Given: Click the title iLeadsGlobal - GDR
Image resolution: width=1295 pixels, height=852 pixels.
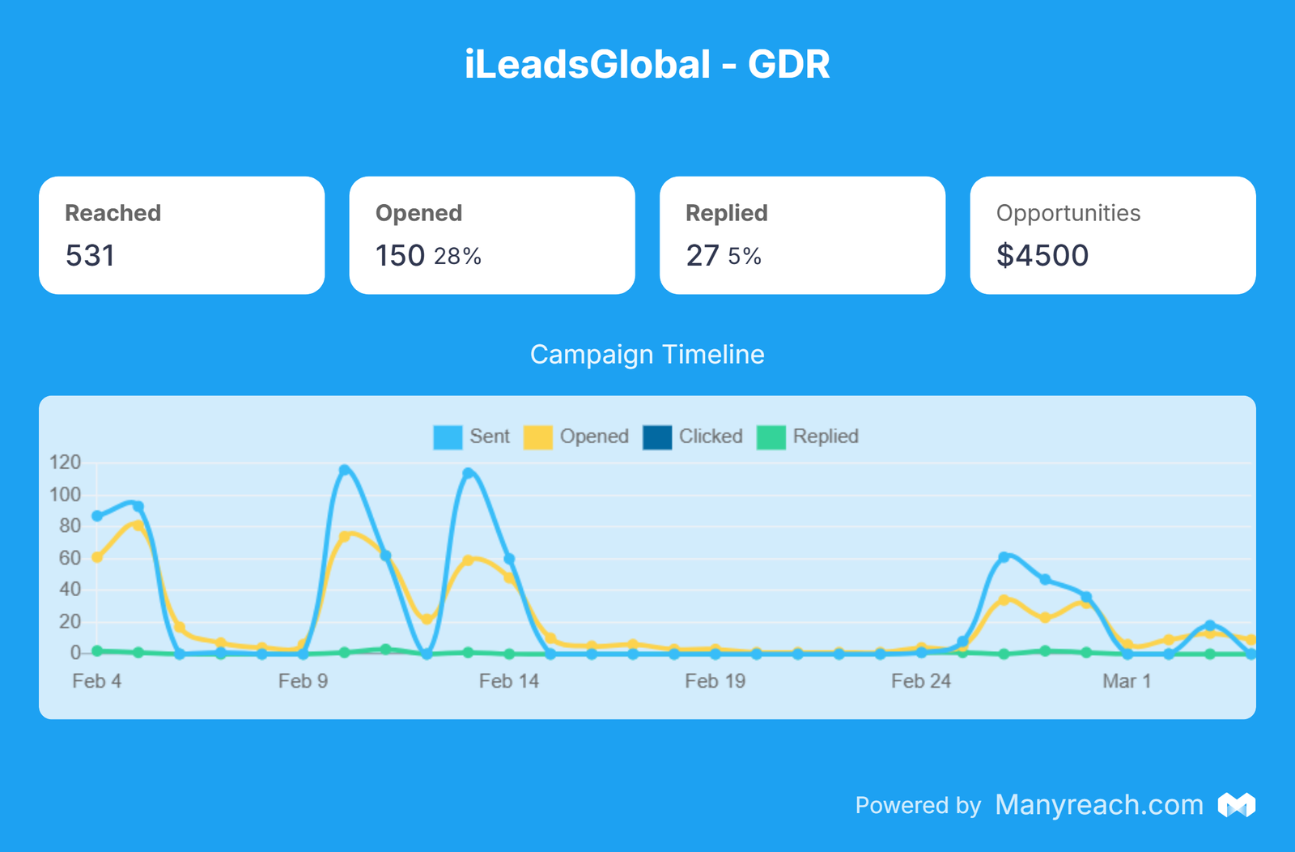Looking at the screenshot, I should pyautogui.click(x=647, y=65).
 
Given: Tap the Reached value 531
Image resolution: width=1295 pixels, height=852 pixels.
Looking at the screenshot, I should pyautogui.click(x=90, y=256).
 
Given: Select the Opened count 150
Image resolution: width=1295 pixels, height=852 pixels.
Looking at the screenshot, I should pyautogui.click(x=400, y=256).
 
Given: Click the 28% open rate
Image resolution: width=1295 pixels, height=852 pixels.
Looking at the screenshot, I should pyautogui.click(x=457, y=257).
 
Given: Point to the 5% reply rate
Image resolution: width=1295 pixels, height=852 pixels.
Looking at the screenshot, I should pyautogui.click(x=745, y=257).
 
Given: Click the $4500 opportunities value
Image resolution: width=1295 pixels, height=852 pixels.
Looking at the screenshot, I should pyautogui.click(x=1042, y=256).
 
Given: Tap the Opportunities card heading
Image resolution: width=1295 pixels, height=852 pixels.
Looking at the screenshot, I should pyautogui.click(x=1068, y=213).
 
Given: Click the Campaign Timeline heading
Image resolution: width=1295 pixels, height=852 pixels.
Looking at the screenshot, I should pyautogui.click(x=647, y=355).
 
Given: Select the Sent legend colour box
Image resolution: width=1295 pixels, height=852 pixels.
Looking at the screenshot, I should pyautogui.click(x=448, y=437).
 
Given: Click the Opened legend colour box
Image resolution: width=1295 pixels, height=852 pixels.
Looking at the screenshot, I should pyautogui.click(x=537, y=437).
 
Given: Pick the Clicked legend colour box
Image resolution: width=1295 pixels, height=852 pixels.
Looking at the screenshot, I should pyautogui.click(x=656, y=437).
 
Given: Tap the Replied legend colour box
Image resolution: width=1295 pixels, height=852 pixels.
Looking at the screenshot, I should pyautogui.click(x=771, y=437).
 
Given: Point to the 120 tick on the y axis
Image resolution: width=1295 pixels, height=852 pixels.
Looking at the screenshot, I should pyautogui.click(x=66, y=462).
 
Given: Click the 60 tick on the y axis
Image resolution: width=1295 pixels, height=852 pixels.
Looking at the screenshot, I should pyautogui.click(x=70, y=558).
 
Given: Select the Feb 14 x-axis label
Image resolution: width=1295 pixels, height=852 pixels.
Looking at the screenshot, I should pyautogui.click(x=508, y=681).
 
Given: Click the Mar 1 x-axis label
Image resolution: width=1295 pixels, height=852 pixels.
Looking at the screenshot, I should pyautogui.click(x=1126, y=681).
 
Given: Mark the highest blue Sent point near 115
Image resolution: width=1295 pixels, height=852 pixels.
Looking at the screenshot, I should pyautogui.click(x=345, y=470).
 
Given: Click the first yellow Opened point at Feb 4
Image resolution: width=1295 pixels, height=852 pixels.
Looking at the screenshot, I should pyautogui.click(x=97, y=557).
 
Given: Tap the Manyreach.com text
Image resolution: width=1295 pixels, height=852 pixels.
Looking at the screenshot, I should pyautogui.click(x=1098, y=805).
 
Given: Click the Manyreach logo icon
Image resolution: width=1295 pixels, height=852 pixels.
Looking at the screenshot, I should pyautogui.click(x=1237, y=805).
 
